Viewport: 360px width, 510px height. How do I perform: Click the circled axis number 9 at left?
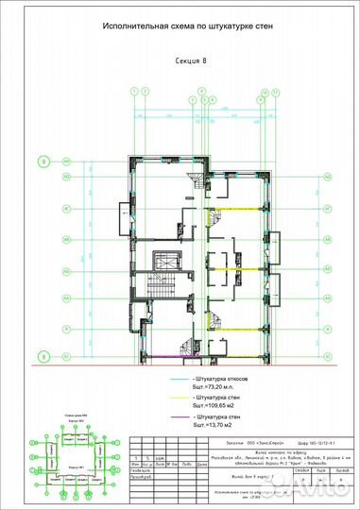[43, 161]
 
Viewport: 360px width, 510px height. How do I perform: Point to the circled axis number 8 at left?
[43, 356]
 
